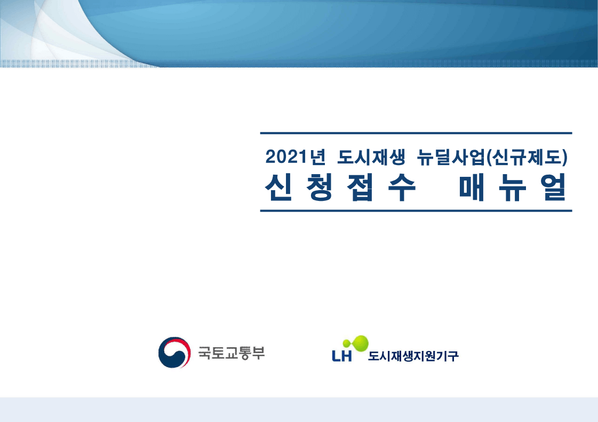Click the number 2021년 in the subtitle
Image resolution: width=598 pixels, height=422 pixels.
296,157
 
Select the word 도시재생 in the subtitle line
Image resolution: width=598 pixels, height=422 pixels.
371,157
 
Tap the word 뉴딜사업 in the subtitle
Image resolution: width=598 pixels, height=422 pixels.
451,157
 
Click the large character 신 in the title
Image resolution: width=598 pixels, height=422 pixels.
278,187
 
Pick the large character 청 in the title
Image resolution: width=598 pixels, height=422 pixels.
320,187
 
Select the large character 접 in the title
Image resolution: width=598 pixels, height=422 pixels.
360,187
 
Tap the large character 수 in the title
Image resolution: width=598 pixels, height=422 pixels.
402,187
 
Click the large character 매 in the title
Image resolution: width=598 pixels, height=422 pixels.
472,187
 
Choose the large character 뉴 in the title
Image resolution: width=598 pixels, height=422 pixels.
513,187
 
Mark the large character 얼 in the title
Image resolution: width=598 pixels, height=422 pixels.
553,187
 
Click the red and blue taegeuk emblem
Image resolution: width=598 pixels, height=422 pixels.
174,353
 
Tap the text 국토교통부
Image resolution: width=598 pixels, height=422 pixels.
231,353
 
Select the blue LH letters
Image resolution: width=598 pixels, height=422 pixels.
342,356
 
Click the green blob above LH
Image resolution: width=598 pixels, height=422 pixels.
356,343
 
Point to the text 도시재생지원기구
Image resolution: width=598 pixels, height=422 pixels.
413,356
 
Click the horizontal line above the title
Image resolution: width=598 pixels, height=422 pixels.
416,133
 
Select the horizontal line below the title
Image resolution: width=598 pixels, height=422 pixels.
416,210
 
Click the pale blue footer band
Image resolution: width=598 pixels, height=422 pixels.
299,409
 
